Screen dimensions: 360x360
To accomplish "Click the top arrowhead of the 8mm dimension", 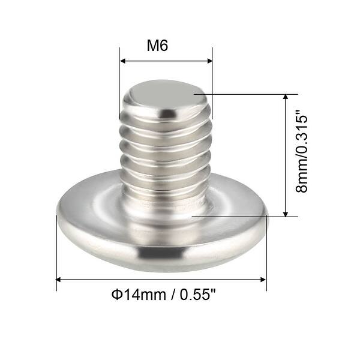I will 286,97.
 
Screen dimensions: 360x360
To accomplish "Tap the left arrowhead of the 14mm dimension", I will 59,279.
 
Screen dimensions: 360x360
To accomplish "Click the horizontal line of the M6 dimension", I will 166,61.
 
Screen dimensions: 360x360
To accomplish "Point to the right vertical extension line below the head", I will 266,264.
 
